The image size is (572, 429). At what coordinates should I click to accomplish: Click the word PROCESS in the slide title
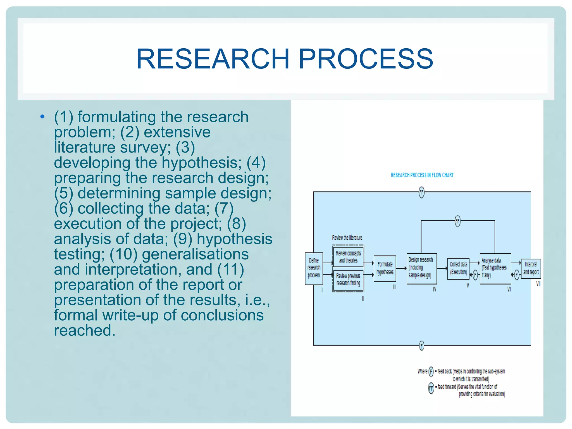point(366,59)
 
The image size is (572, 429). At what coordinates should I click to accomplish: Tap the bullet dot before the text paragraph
point(42,117)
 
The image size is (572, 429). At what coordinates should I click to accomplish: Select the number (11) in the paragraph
point(230,270)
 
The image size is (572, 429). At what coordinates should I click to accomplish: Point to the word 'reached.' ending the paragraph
point(85,330)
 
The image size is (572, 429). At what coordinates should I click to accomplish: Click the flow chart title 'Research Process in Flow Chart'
point(422,175)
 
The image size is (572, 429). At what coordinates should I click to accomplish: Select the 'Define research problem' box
point(314,268)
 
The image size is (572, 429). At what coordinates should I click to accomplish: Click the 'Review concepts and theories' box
point(348,257)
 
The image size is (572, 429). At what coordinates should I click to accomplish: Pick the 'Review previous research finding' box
point(348,280)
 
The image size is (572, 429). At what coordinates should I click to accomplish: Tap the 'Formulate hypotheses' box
point(385,268)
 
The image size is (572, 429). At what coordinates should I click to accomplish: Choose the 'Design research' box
point(421,268)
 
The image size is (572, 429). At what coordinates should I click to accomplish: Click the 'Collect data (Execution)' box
point(458,268)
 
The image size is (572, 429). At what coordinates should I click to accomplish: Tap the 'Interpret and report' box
point(531,268)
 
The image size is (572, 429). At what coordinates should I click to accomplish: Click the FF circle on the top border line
point(422,192)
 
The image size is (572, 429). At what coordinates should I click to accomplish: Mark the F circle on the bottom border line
point(422,346)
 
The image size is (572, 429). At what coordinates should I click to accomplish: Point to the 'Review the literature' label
point(347,238)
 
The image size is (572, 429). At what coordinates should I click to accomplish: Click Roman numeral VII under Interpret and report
point(538,284)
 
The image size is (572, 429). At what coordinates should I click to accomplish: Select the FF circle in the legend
point(431,388)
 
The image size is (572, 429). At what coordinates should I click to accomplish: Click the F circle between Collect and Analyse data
point(475,275)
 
